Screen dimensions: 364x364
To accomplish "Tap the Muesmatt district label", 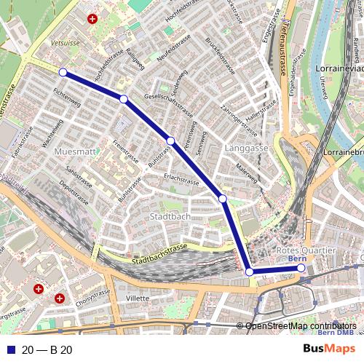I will (75, 151).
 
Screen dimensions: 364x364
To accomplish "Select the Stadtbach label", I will (169, 217).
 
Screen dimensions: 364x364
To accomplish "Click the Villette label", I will (138, 298).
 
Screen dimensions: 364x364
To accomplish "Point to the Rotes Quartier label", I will (306, 250).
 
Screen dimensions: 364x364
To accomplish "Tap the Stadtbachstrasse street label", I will (159, 255).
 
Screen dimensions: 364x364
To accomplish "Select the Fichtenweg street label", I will (66, 105).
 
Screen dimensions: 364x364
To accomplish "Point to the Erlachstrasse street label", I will (181, 180).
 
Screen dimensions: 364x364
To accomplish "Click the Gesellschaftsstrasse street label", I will (169, 106).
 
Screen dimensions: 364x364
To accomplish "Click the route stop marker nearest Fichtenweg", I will (63, 72).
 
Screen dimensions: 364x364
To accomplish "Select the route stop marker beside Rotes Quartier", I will (300, 269).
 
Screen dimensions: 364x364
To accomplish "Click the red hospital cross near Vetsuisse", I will (92, 20).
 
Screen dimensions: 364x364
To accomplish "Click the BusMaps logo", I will (329, 349).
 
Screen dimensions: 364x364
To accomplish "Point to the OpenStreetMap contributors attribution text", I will (300, 325).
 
